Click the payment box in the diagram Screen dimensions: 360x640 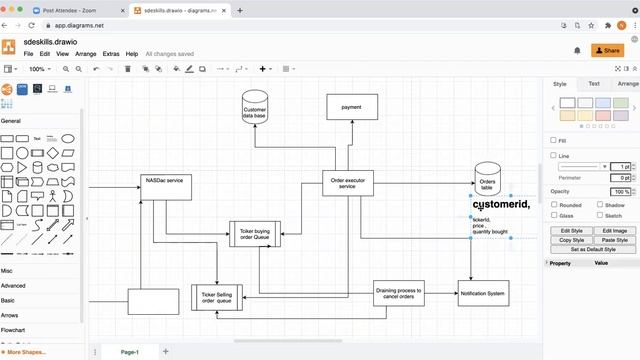tap(351, 107)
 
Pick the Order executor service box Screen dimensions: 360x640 tap(347, 183)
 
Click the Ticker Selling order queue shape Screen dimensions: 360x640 tap(217, 297)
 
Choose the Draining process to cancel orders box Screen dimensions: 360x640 tap(399, 293)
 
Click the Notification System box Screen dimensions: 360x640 tap(484, 293)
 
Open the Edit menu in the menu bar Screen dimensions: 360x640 tap(45, 53)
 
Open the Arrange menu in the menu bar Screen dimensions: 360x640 tap(86, 53)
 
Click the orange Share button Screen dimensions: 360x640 tap(608, 50)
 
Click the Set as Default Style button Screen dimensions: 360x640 tap(592, 249)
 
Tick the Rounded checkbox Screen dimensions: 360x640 tap(555, 204)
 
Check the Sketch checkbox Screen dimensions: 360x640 tap(600, 215)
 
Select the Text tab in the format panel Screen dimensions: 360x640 tap(594, 84)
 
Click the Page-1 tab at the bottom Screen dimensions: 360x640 tap(129, 352)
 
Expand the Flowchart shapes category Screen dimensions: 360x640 tap(13, 329)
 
